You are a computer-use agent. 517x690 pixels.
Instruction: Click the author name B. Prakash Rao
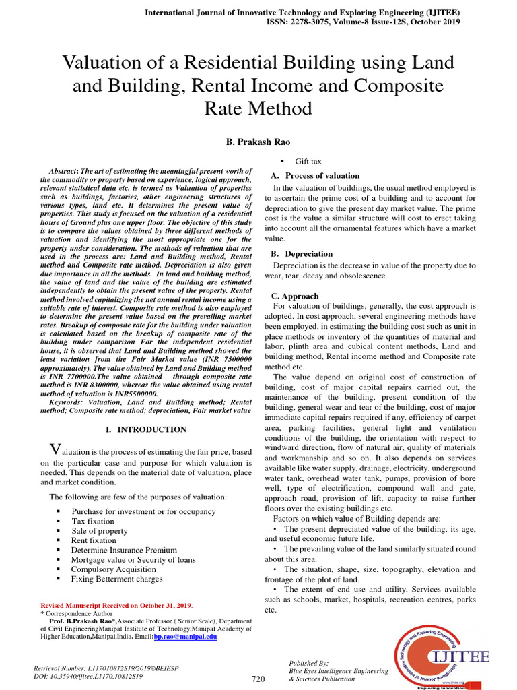(x=258, y=143)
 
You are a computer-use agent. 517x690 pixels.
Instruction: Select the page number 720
(x=259, y=679)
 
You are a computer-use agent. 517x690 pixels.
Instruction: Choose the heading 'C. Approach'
(x=295, y=296)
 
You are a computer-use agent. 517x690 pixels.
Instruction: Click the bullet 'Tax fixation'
(x=93, y=521)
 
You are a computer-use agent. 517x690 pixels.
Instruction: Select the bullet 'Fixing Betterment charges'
(x=116, y=579)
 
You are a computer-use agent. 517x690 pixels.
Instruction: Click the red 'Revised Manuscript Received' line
(x=116, y=606)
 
